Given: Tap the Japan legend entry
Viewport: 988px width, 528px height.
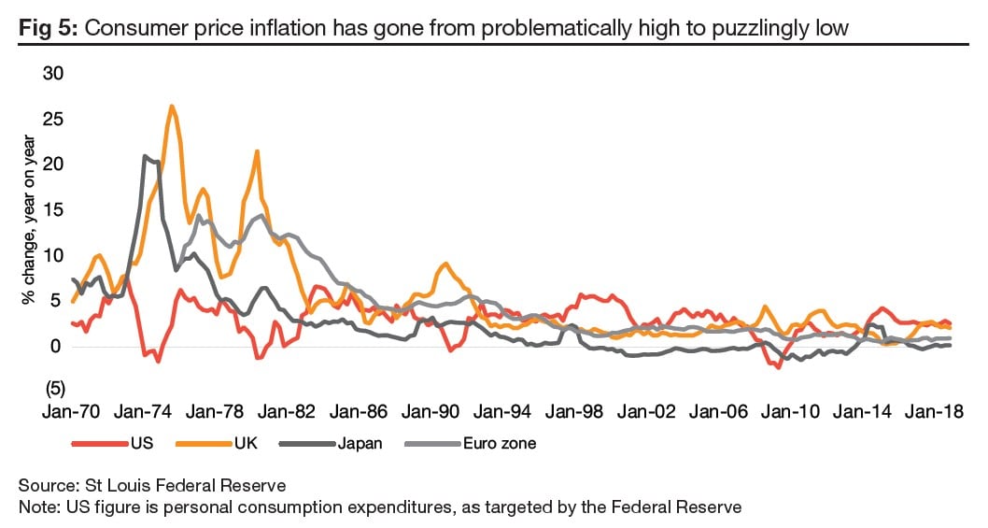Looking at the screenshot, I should tap(360, 444).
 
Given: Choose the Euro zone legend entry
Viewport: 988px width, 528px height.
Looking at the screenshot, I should tap(500, 444).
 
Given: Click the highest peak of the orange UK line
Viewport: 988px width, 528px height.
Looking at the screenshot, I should tap(172, 106).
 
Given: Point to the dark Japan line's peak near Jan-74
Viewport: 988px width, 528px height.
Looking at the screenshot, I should tap(145, 156).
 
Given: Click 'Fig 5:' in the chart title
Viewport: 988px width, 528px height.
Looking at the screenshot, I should tap(49, 29).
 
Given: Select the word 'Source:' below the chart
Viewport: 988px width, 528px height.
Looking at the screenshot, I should tap(46, 486).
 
